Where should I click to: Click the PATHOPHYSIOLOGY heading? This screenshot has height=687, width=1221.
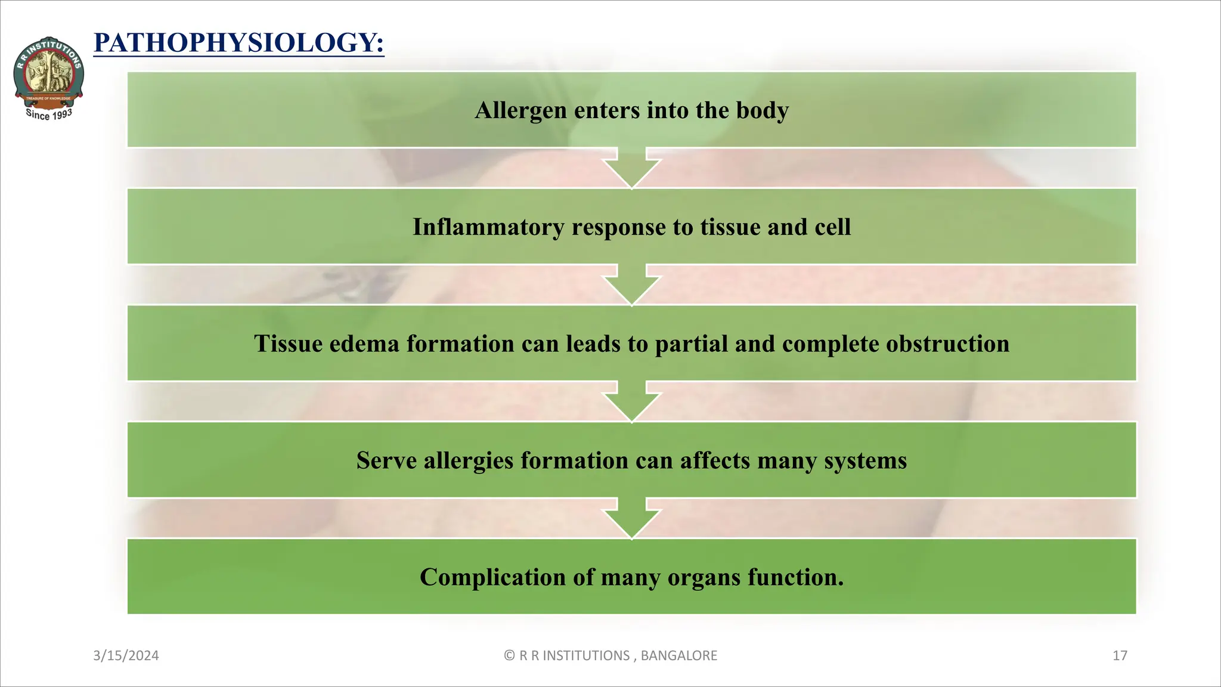(x=238, y=43)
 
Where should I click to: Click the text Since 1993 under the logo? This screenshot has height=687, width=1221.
(x=49, y=114)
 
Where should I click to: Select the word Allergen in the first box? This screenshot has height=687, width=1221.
(x=520, y=110)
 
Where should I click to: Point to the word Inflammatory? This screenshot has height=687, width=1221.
(x=488, y=227)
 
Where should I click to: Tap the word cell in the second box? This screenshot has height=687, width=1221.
(x=833, y=227)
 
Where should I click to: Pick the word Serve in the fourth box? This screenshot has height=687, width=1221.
(x=386, y=461)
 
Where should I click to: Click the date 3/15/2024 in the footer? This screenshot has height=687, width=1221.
(x=126, y=656)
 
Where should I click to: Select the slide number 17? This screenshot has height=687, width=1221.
(x=1120, y=656)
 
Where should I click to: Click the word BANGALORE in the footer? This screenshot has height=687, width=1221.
(x=678, y=656)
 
